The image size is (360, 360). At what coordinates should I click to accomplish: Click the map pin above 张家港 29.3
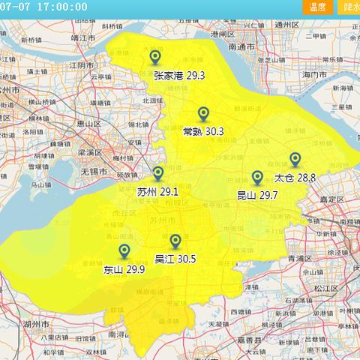coord(155,57)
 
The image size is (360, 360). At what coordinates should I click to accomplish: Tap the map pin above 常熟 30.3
coord(203,113)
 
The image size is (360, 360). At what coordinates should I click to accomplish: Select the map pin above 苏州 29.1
coord(158,173)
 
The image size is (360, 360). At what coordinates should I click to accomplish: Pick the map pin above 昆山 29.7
coord(257,177)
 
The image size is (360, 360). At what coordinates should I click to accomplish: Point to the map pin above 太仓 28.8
coord(295,159)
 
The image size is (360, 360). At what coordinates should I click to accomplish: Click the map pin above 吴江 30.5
coord(175,241)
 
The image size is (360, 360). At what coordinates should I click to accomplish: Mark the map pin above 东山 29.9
coord(124,251)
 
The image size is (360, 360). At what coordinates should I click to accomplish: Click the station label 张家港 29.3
coord(179,75)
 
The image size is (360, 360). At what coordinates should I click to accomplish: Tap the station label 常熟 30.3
coord(203,131)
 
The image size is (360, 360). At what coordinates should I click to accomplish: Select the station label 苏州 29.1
coord(158,192)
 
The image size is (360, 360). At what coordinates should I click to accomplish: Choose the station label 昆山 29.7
coord(257,195)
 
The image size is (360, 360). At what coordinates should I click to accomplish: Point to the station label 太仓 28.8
coord(295,178)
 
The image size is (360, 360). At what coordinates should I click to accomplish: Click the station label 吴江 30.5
coord(175,259)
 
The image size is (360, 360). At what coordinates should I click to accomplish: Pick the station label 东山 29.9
coord(124,269)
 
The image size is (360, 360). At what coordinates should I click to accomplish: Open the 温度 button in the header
coord(317,7)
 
